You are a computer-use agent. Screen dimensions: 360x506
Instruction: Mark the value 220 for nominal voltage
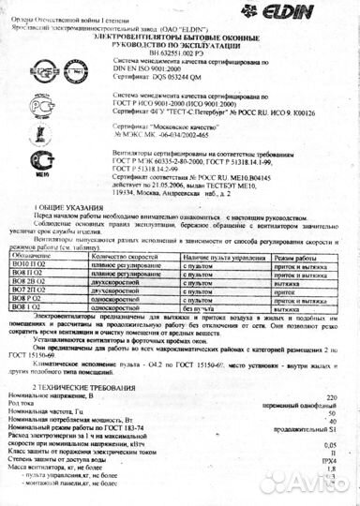327,396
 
